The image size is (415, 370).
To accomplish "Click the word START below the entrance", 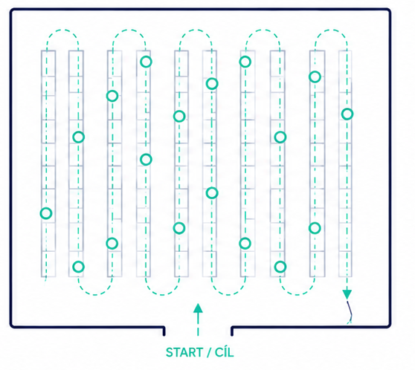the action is (184, 352).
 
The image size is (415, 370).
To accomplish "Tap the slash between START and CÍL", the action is (208, 352).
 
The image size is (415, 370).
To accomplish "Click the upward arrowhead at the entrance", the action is (198, 308).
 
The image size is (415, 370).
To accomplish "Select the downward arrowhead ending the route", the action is (347, 294).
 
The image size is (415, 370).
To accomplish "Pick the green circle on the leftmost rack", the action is (46, 213).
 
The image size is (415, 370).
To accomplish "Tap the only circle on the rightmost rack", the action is (347, 114).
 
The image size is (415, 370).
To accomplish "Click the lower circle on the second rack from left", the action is (79, 267).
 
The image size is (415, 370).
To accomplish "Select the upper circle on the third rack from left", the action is (112, 96).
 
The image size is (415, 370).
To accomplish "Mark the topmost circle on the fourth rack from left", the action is (146, 62).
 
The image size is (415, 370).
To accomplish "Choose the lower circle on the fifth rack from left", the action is (179, 228).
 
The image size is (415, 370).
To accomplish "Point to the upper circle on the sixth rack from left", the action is (212, 84).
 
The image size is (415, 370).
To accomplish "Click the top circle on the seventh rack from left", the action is (245, 62).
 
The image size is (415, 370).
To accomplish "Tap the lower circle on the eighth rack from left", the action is (280, 267).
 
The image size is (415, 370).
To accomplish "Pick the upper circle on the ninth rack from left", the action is (315, 77).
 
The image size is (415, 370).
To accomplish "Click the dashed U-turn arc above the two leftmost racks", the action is (62, 30).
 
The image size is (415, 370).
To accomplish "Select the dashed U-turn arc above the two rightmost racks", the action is (331, 30).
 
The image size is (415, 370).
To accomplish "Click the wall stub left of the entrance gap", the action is (164, 331).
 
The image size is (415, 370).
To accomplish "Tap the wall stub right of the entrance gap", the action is (232, 331).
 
